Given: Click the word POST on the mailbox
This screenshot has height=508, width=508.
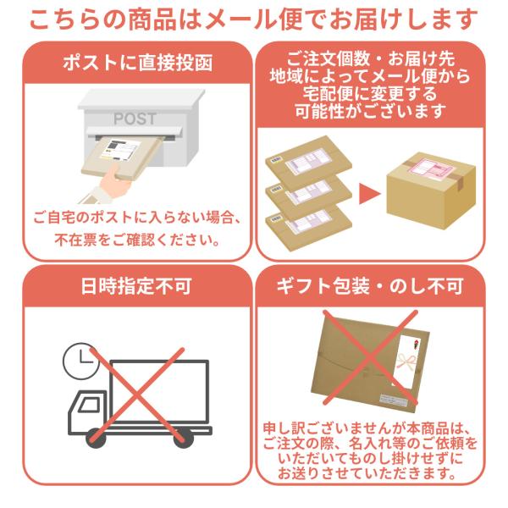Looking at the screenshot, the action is pos(135,119).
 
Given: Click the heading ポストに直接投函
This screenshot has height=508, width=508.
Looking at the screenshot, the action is pos(138,63).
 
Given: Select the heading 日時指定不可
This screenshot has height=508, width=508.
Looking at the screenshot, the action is pos(136,286).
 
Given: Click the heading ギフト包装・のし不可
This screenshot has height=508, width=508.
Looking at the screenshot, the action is pos(370,286).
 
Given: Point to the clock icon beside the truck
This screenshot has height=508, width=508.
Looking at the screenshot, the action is pos(80,361).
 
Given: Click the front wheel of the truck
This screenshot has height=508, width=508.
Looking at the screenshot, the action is pos(96,438).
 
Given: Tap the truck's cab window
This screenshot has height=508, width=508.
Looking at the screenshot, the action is pos(89,405).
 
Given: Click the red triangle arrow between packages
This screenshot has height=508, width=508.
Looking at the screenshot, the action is pos(369,195).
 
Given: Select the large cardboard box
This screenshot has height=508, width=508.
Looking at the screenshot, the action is pos(431,190).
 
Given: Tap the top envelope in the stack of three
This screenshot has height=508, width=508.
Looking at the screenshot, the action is pos(308,162).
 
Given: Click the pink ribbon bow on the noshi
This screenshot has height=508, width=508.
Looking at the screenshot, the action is pos(406,361).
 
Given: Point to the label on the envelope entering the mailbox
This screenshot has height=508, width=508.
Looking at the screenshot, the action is pos(120,150).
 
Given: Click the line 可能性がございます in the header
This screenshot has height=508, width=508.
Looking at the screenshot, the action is pos(370,112).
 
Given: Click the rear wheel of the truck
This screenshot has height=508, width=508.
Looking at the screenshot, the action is pos(184,438).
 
